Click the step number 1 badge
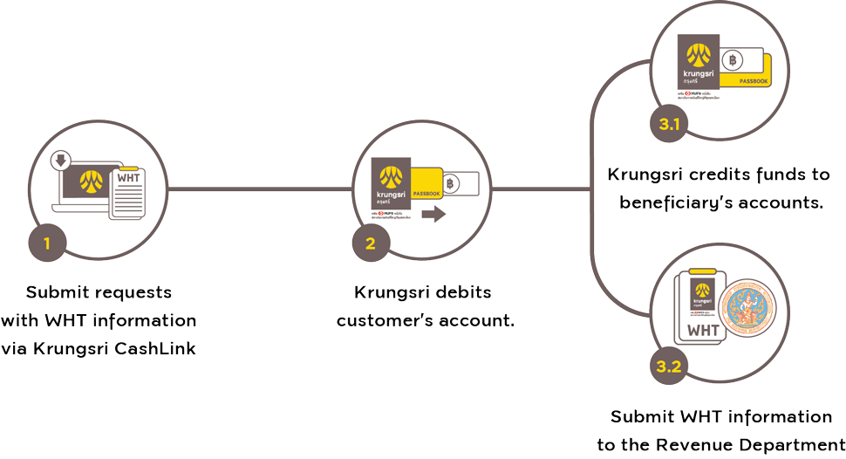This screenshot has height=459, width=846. pos(47,243)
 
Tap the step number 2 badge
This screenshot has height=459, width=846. pos(371,243)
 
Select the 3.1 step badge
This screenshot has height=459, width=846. pos(669,125)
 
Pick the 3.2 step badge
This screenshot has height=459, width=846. pos(669,367)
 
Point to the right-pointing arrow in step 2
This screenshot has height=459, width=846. pos(433,215)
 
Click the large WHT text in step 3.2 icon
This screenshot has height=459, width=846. pos(703,331)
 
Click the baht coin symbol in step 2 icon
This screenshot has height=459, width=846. pos(450,183)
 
